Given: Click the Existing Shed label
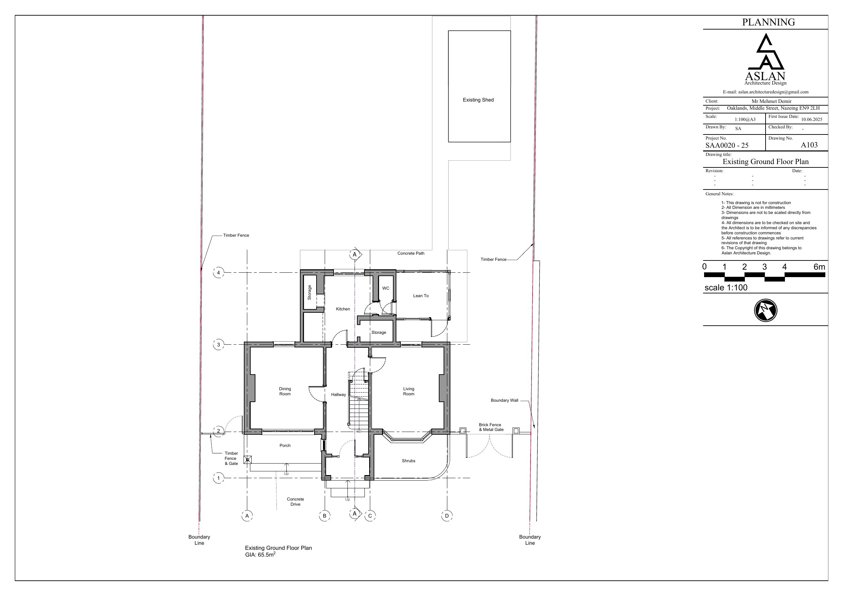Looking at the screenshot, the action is coord(478,100).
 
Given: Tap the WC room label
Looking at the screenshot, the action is coord(385,288).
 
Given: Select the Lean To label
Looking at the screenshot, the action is coord(421,295).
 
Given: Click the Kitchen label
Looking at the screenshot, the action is coord(343,309).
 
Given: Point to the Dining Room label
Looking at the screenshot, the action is coord(285,392).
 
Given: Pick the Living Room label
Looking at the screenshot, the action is coord(409,392).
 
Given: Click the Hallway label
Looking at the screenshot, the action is coord(339,395).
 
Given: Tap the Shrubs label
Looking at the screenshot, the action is coord(409,461).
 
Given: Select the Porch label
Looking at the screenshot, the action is coord(285,446).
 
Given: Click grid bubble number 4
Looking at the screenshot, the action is coord(218,273).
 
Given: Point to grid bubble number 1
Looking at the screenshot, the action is coord(218,478).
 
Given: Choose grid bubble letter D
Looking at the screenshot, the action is coord(447,516).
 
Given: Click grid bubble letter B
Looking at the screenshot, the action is coord(325,516).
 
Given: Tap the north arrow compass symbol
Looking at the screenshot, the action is coord(766,310).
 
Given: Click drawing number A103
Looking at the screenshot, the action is coord(809,145).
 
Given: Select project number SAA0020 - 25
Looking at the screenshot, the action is coord(727,145).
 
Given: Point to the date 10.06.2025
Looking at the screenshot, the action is coord(812,119).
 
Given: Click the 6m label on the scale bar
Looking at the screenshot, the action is coord(820,267).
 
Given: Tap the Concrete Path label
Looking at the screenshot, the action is coord(411,253).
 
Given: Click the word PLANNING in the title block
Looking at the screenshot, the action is coord(769,22).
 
